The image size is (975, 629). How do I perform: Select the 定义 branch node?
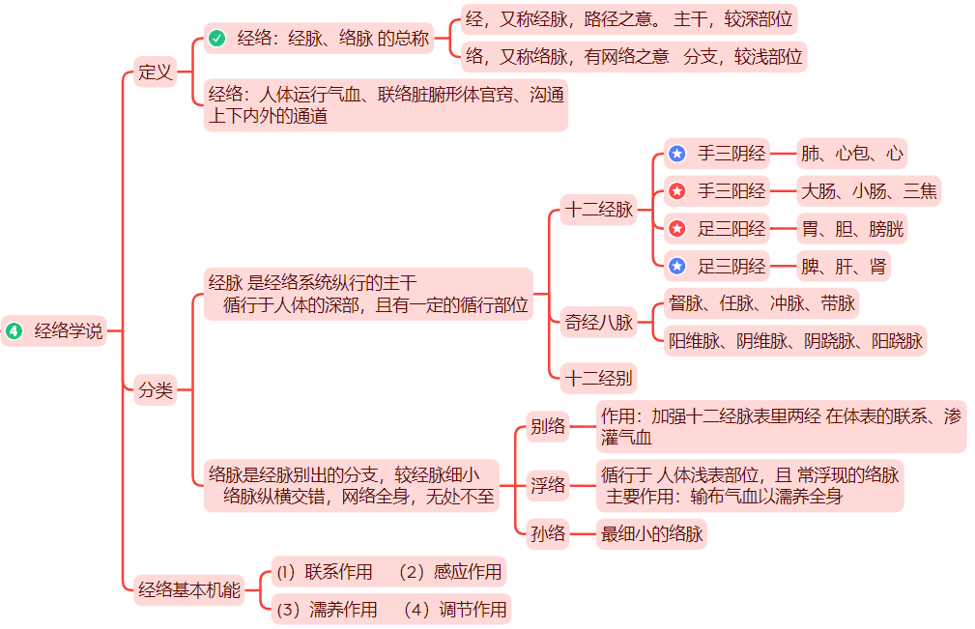[x=155, y=71]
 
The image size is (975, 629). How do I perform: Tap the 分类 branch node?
[x=155, y=390]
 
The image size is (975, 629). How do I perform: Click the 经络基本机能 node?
[x=189, y=588]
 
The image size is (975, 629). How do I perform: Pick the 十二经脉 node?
[x=599, y=210]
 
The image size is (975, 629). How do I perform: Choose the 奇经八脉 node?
[x=599, y=323]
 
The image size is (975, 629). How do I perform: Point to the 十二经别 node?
[x=599, y=376]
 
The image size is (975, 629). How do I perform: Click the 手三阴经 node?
[x=731, y=153]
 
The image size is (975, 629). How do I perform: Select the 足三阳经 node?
[x=731, y=229]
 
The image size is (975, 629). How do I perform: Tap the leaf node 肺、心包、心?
[x=852, y=153]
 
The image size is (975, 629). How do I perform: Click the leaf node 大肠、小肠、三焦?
[x=869, y=191]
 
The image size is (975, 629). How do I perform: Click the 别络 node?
[x=548, y=426]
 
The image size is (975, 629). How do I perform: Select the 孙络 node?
[x=548, y=532]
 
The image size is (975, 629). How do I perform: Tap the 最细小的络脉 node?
[x=651, y=532]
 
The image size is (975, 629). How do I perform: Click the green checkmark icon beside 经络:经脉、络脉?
[x=217, y=39]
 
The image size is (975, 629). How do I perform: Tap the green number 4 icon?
[x=14, y=330]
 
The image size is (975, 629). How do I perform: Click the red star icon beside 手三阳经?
[x=677, y=191]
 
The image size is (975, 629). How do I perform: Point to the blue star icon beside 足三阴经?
[x=677, y=267]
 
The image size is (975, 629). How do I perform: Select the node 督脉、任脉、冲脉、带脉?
[x=761, y=303]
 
